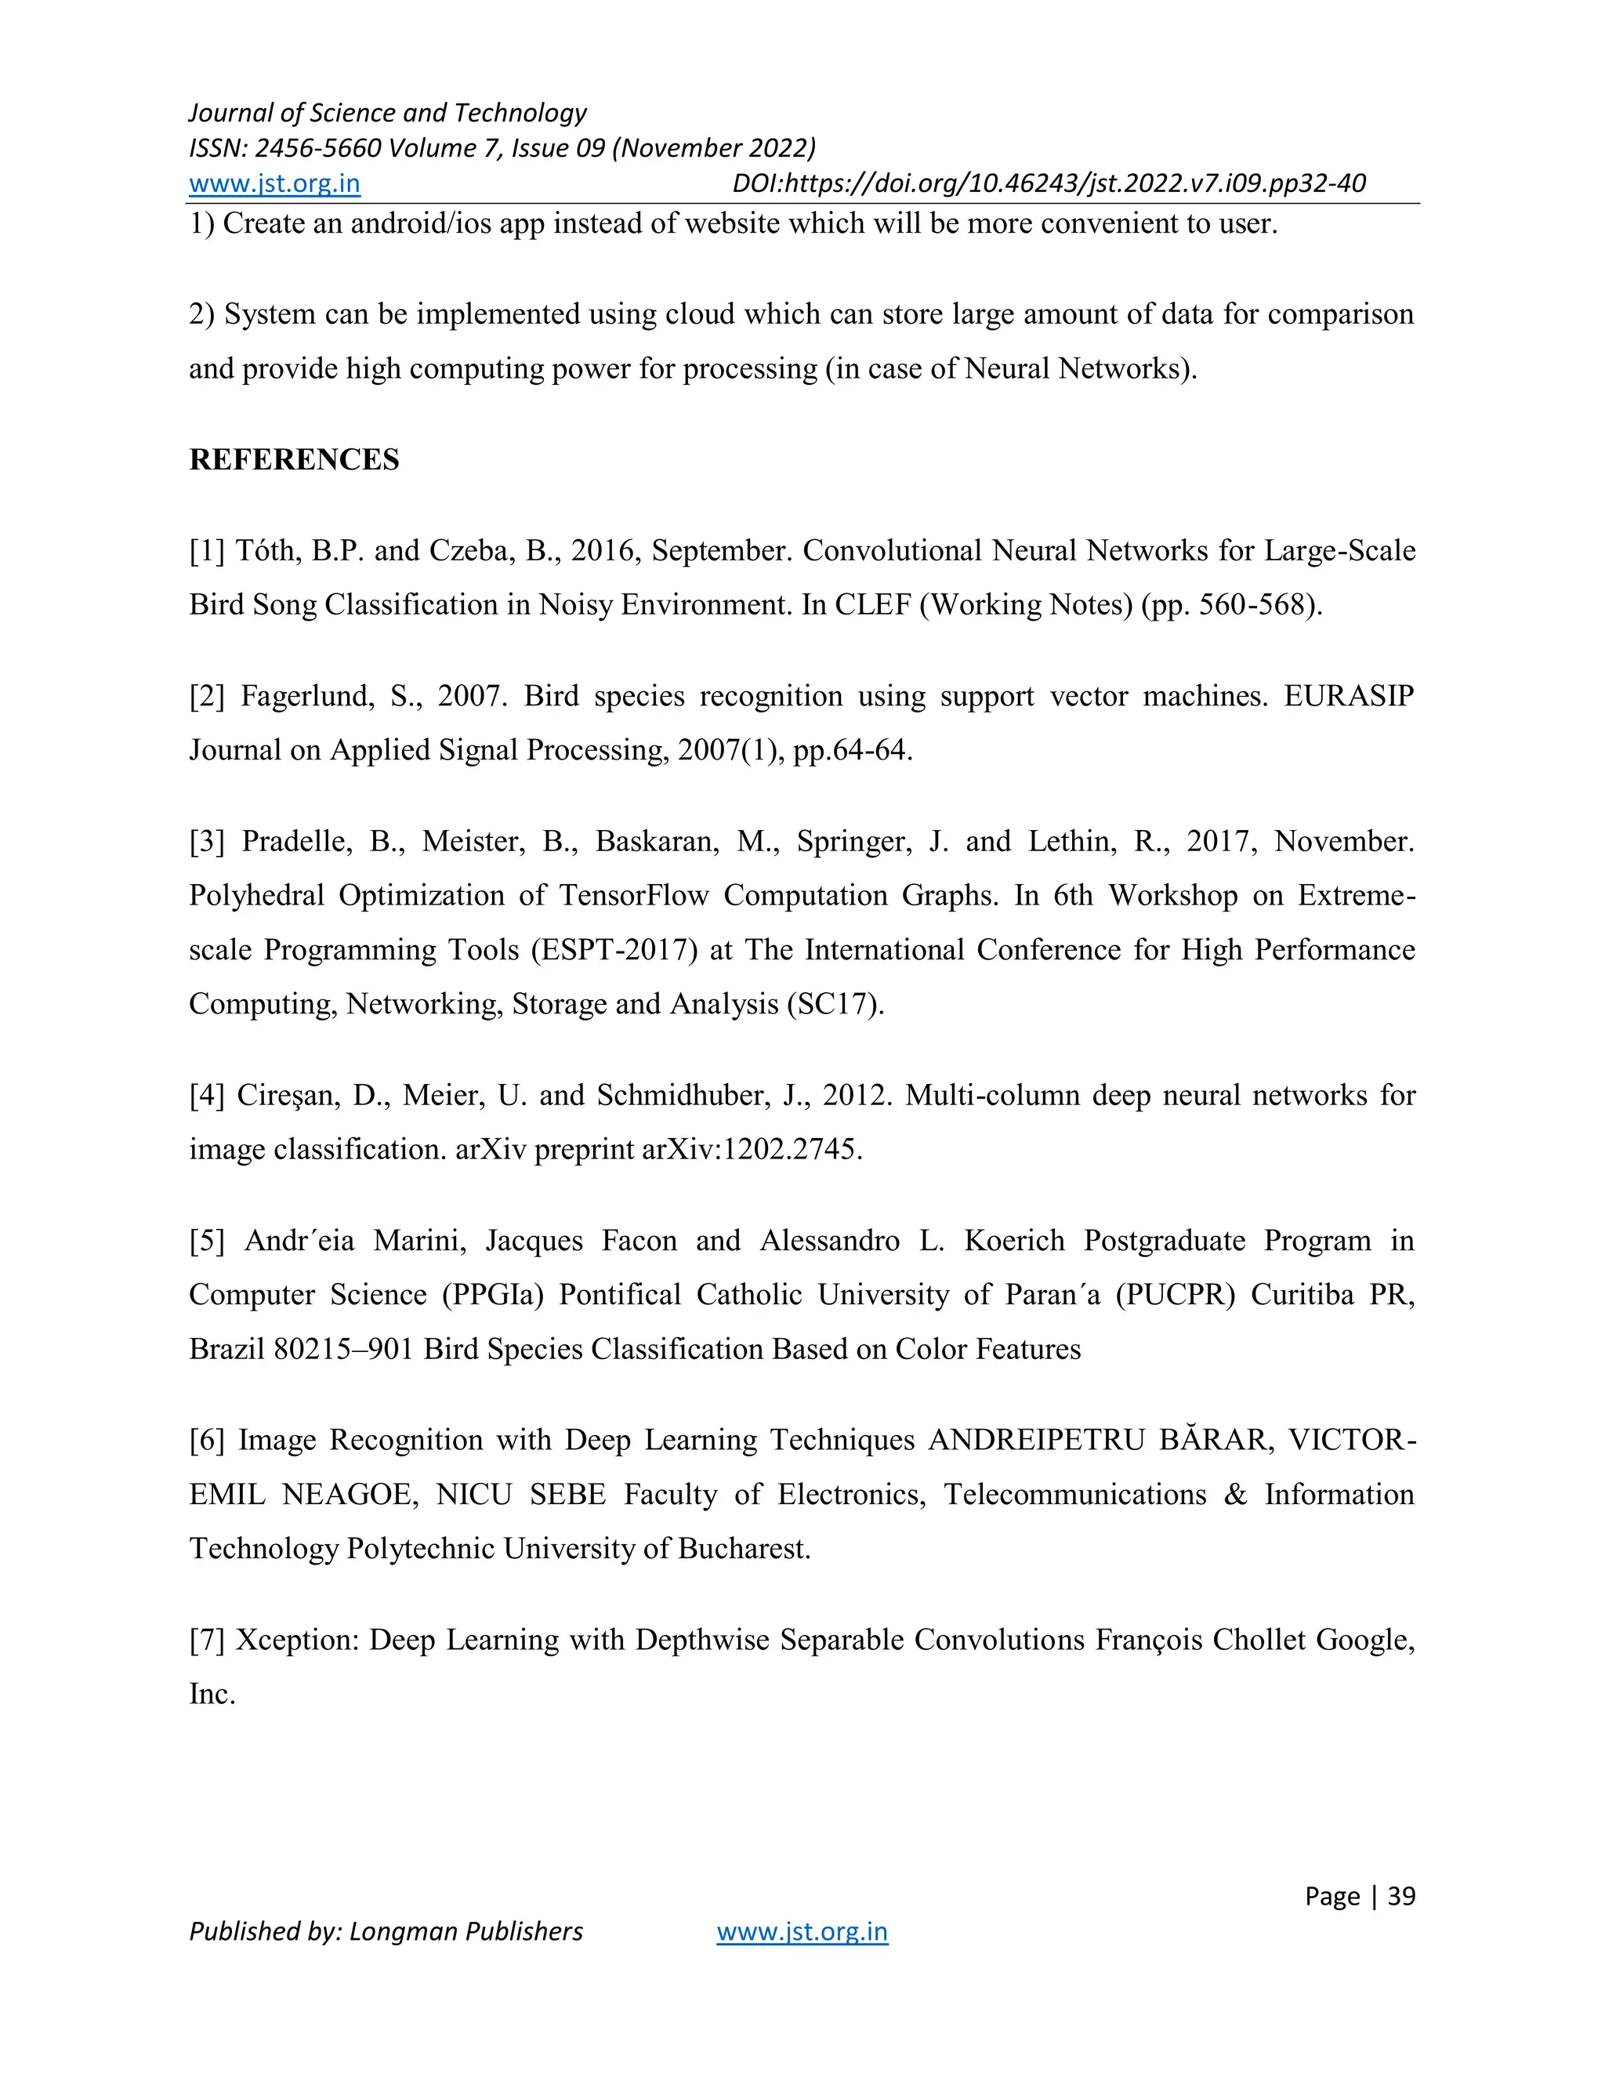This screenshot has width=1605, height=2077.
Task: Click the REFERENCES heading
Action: pyautogui.click(x=294, y=459)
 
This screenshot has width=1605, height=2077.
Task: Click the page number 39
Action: pyautogui.click(x=1400, y=1895)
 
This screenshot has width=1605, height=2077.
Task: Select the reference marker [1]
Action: pyautogui.click(x=206, y=551)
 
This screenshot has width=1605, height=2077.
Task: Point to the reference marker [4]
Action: pyautogui.click(x=206, y=1096)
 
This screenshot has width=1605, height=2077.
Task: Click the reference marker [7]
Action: pyautogui.click(x=206, y=1640)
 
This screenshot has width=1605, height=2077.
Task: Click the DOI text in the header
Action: pyautogui.click(x=1049, y=183)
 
